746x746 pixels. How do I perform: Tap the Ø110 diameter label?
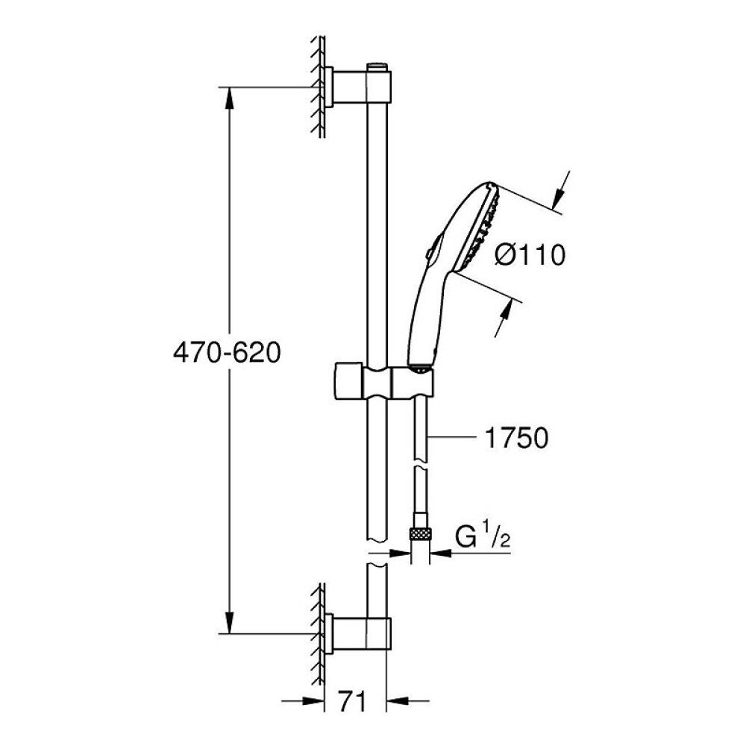tap(530, 256)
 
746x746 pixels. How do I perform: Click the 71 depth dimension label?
tap(356, 701)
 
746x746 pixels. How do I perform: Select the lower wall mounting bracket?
tap(347, 632)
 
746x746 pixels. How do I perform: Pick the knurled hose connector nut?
tap(420, 533)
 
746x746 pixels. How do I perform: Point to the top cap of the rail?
tap(378, 68)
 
